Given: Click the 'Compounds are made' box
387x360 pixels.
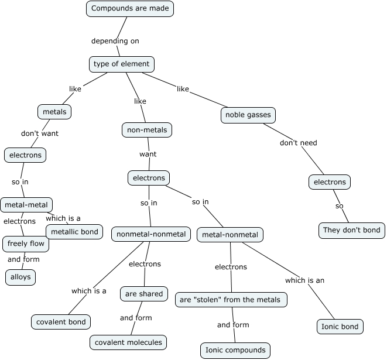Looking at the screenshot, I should point(130,9).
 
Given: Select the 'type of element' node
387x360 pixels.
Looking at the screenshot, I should point(122,64).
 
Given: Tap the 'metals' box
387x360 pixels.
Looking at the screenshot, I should point(54,111).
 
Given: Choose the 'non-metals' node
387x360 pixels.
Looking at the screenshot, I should point(147,130).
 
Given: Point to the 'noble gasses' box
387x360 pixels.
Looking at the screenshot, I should point(248,115).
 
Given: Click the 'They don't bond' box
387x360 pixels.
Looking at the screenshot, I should point(352,230).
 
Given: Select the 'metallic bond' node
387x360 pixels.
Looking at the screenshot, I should point(74,232).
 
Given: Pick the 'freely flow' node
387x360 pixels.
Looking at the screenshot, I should point(26,244).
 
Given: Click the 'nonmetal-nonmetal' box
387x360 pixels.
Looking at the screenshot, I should point(151,234).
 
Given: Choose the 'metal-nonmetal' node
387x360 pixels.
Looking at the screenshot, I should point(230,235).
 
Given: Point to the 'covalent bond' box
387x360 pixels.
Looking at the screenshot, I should point(61,321).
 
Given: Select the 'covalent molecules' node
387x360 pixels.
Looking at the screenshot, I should point(129,342).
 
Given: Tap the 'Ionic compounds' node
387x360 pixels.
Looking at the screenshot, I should point(235,351).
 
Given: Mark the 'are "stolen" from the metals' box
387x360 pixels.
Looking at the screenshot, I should point(231,300).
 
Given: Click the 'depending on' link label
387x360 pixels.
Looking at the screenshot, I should point(115,41).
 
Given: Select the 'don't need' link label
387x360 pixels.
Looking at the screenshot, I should point(298,143).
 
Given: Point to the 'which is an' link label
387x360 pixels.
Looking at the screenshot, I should point(304,280).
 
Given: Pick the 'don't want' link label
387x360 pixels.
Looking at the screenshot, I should point(40,133).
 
